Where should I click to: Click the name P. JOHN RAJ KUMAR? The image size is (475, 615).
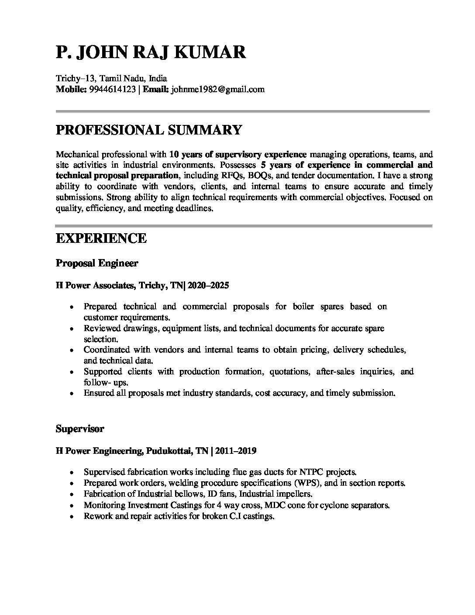151,52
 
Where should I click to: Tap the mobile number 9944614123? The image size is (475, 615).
112,90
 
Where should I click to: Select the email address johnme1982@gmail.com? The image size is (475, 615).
218,90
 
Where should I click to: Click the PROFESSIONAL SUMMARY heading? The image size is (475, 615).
148,130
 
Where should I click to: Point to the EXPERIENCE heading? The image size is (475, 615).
101,238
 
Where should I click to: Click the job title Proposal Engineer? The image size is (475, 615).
97,263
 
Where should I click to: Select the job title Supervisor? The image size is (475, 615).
80,429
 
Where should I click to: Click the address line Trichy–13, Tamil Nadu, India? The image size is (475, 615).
111,79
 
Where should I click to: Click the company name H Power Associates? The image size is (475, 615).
95,286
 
